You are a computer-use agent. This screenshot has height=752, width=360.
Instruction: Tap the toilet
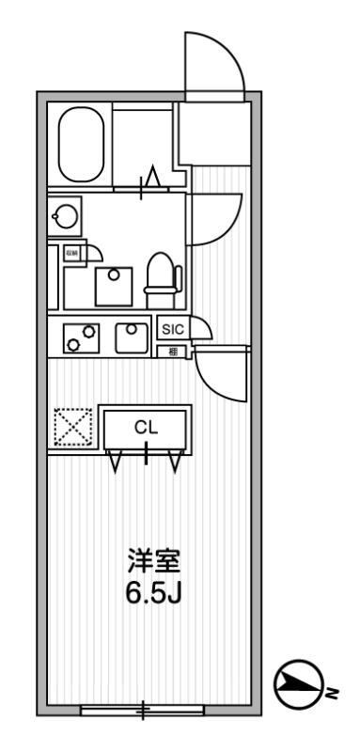pos(163,273)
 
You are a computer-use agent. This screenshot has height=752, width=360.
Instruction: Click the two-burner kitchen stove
pos(82,337)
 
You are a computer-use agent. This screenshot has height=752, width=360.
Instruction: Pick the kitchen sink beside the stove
pos(132,336)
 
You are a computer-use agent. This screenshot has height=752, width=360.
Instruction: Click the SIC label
pos(172,329)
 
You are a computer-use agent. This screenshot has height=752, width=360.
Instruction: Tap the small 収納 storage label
pos(70,252)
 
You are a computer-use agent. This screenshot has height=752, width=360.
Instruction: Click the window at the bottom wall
pos(143,709)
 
